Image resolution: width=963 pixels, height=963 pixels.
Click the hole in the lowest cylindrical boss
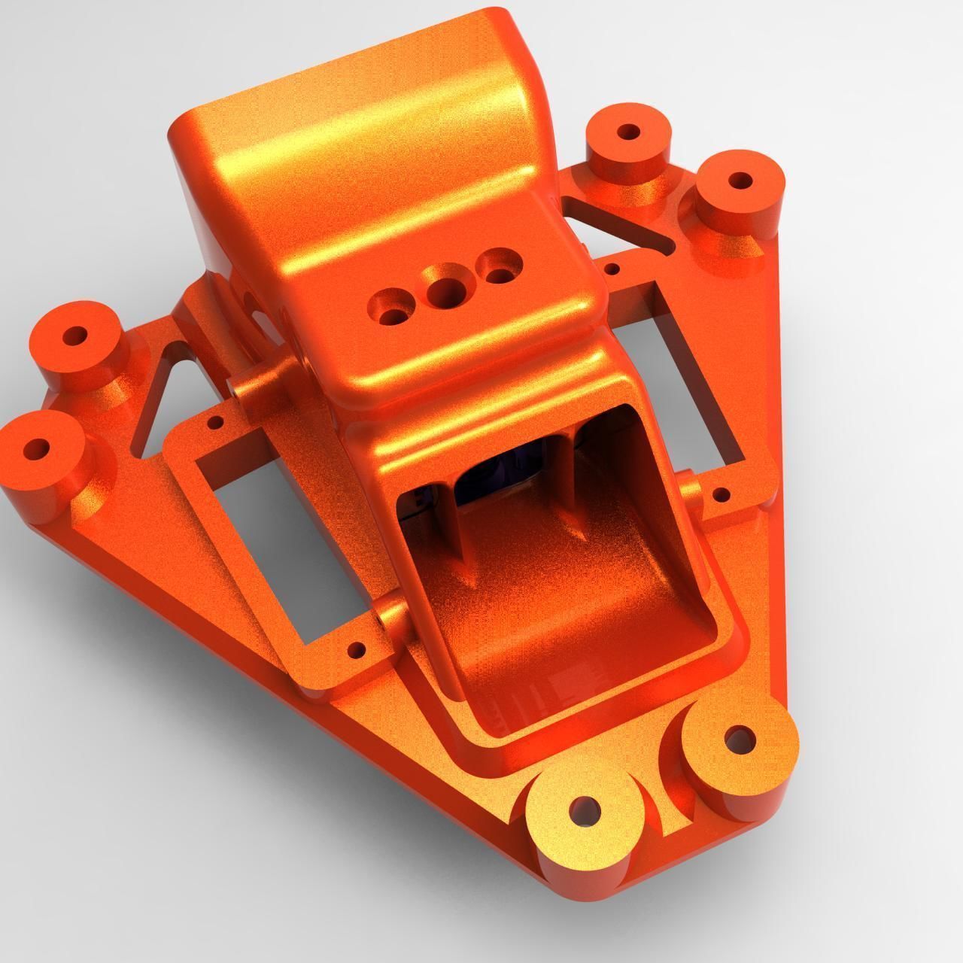point(584,812)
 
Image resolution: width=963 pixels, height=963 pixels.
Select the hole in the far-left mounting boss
point(36,450)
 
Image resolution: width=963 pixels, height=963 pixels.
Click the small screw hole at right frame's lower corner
point(720,494)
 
